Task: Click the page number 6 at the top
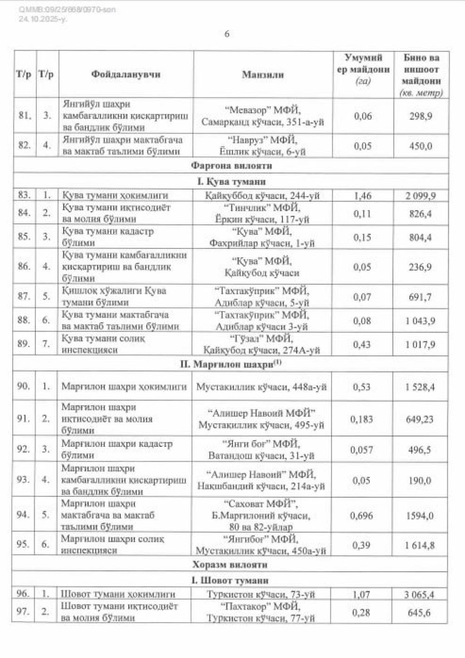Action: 227,34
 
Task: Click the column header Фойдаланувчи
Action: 126,74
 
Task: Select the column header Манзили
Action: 262,74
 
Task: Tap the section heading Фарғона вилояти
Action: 232,166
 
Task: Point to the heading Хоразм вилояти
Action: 230,564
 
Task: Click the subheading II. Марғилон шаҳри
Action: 231,364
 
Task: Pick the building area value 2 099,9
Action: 420,196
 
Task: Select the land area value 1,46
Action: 362,196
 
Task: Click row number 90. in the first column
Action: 24,386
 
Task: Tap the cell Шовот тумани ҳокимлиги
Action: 118,594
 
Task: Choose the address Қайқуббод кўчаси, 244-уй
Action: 262,196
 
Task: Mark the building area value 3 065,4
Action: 420,594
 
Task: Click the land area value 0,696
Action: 361,515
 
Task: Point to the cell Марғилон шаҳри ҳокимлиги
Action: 124,387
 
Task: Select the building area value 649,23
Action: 420,419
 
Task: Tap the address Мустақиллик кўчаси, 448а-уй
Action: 262,387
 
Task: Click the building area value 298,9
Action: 420,116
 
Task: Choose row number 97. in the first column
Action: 23,612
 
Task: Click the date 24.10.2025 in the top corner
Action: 42,19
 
